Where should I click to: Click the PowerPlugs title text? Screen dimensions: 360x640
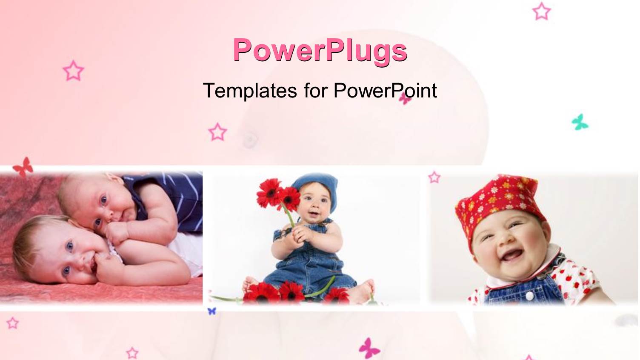(x=320, y=50)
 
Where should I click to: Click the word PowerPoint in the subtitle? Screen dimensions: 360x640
(x=385, y=90)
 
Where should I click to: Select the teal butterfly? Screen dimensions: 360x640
(x=580, y=122)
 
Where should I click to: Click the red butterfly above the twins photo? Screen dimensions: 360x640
(x=23, y=166)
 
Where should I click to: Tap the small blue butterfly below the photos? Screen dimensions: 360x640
(x=211, y=311)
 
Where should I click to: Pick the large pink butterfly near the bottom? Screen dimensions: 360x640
(x=369, y=348)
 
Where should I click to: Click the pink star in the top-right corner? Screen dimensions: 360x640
(x=541, y=11)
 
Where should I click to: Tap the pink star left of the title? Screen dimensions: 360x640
(x=73, y=71)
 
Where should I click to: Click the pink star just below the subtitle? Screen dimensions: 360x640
(x=217, y=132)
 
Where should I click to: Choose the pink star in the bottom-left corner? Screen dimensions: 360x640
(x=12, y=323)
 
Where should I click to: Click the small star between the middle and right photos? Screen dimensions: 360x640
(x=434, y=177)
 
